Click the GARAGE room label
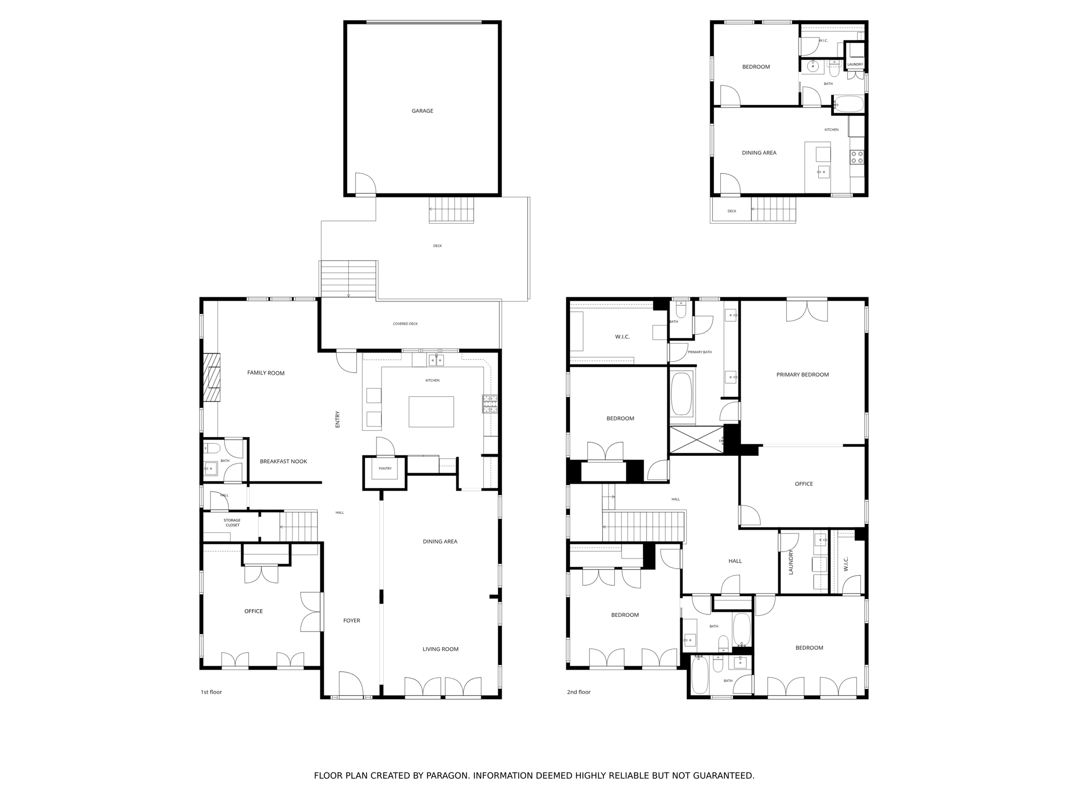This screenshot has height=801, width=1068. point(422,111)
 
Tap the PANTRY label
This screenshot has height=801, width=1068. point(385,469)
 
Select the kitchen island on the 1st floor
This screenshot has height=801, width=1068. point(431,411)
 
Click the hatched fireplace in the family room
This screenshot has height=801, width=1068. point(212,378)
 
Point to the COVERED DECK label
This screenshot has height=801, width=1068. point(405,324)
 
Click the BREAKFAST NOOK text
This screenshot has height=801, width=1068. point(283,462)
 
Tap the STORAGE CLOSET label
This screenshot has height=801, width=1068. point(232,523)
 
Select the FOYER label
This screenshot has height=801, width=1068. point(351,621)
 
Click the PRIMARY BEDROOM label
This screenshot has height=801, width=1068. point(802,374)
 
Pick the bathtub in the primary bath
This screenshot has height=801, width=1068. point(681,394)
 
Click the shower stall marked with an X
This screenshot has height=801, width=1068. point(696,440)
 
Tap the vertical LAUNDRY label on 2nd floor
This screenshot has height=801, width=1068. point(791,562)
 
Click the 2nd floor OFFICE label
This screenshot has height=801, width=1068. point(804,484)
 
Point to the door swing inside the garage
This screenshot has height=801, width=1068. point(365,184)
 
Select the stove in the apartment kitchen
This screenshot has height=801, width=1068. point(856,157)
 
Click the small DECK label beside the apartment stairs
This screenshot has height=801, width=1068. point(732,211)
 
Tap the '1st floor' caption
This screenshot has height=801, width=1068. point(211,692)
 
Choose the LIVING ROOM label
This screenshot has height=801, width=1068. point(440,649)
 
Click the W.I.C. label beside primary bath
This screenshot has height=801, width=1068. point(622,337)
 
